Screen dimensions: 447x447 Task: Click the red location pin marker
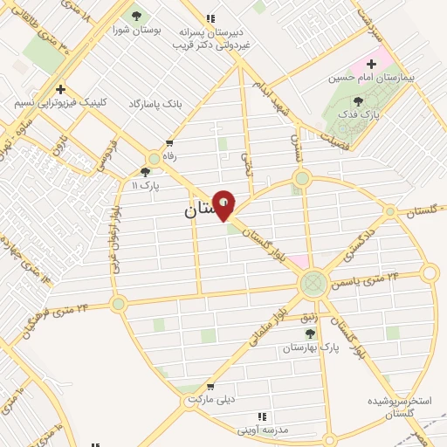coord(223,205)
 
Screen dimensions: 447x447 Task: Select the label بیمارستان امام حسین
coord(369,78)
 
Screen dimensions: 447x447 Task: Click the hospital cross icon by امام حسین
coord(371,64)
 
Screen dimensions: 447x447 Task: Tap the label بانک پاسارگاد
coord(155,103)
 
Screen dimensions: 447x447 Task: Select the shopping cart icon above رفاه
coord(168,143)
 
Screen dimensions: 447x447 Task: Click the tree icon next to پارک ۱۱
coord(145,172)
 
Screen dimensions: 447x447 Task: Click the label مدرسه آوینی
coord(261,430)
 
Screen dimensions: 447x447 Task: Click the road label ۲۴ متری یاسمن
coord(368,279)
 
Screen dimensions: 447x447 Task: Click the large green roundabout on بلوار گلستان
coord(313,284)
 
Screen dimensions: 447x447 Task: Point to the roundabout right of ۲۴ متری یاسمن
coord(429,273)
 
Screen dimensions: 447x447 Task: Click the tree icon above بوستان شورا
coord(134,16)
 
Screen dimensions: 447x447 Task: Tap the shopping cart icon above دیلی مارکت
coord(210,386)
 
